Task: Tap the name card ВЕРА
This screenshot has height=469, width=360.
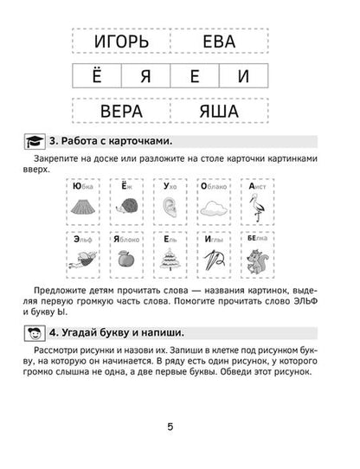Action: (120, 111)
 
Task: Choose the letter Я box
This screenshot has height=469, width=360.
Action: (145, 76)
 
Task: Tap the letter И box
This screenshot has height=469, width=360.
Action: (243, 76)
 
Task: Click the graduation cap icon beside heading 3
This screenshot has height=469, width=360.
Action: (33, 141)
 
